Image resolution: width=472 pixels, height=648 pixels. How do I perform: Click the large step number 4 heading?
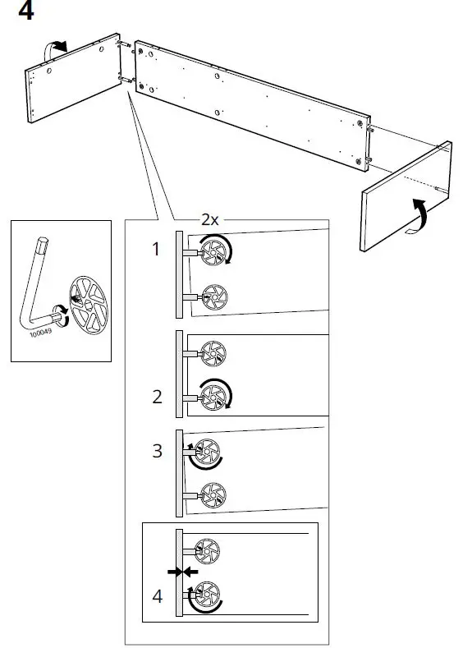point(25,12)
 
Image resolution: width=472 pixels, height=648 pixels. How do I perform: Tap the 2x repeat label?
point(210,220)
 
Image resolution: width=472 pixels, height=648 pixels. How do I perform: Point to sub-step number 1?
point(156,250)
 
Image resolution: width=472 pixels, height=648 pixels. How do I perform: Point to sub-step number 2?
point(157,398)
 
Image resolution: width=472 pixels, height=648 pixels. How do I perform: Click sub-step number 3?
point(157,450)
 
